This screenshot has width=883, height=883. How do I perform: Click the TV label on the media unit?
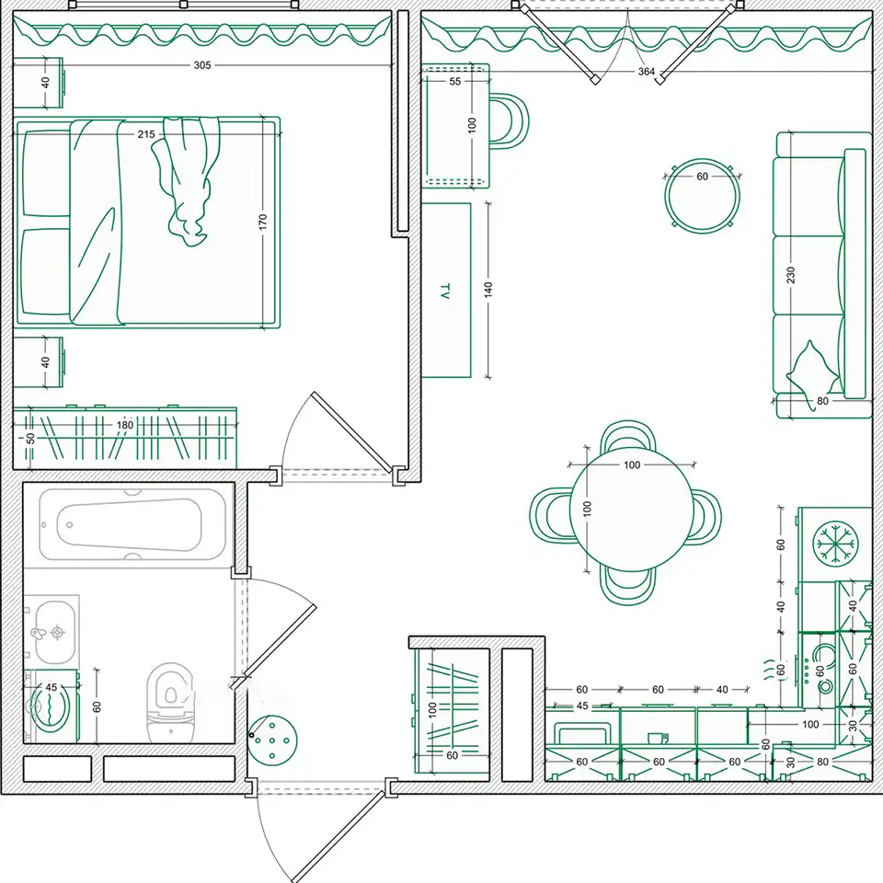[445, 291]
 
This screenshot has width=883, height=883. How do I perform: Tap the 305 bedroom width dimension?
[202, 65]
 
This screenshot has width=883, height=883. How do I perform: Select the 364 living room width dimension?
[647, 72]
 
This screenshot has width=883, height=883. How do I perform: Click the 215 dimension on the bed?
[146, 134]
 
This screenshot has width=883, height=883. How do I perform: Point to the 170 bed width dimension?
[263, 222]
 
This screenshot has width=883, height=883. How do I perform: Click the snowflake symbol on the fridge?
[836, 544]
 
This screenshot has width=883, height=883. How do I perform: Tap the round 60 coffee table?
[702, 196]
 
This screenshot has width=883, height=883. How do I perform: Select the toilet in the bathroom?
[170, 702]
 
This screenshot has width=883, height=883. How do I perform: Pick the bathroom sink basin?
[54, 632]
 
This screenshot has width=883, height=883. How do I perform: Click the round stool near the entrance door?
[272, 740]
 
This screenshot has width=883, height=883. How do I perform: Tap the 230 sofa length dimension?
[791, 275]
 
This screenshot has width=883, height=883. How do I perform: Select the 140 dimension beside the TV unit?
[488, 290]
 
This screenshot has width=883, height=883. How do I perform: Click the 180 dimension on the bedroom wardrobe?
[125, 425]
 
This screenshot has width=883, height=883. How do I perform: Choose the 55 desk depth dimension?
[455, 81]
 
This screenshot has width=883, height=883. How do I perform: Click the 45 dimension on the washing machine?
[52, 687]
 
